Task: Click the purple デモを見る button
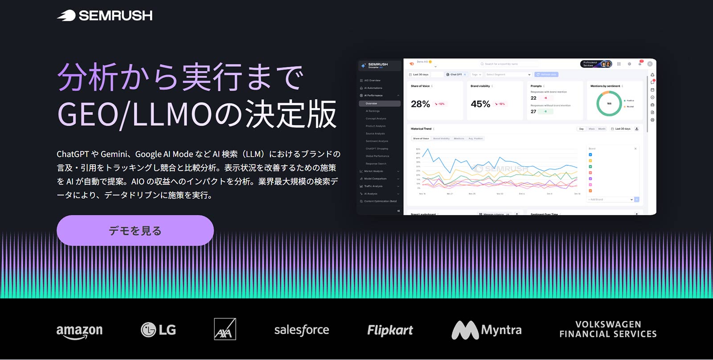tap(135, 230)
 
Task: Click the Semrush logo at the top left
tap(105, 16)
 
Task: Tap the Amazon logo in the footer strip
tap(79, 331)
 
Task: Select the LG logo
tap(158, 330)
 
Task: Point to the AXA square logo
tap(225, 329)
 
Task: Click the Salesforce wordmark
tap(302, 330)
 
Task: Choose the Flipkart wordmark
tap(390, 330)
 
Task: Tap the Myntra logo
tap(487, 330)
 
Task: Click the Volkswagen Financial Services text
tap(608, 329)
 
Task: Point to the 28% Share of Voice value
tap(420, 104)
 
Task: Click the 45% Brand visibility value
tap(480, 104)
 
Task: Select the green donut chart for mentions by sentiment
tap(609, 103)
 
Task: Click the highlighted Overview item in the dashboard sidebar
tap(379, 103)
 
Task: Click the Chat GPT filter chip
tap(455, 74)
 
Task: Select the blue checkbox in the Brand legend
tap(590, 155)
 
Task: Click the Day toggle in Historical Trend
tap(581, 129)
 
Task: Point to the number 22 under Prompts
tap(533, 98)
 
